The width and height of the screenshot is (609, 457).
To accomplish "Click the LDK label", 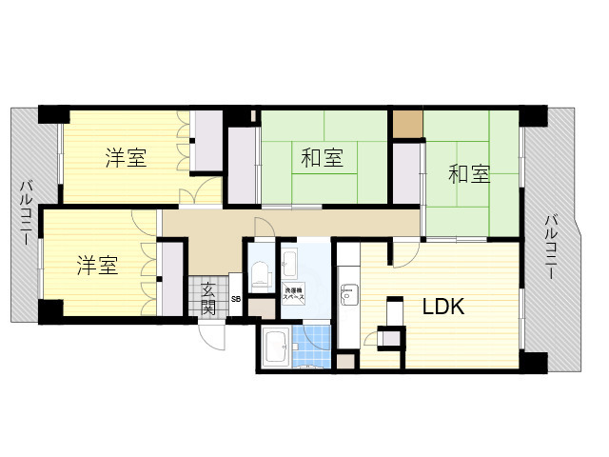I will [442, 307].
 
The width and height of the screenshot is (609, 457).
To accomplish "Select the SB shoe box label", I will [236, 301].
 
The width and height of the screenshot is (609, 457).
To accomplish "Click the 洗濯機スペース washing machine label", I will [293, 294].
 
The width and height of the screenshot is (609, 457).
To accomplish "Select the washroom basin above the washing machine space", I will [291, 261].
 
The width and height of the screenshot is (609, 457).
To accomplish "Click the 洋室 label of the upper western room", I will [126, 158].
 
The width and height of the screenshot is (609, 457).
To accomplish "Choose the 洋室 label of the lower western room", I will [97, 265].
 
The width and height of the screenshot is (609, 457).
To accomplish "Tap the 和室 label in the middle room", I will [322, 158].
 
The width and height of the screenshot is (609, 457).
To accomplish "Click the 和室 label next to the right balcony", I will [469, 174].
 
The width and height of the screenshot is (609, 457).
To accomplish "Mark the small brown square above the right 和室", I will [407, 124].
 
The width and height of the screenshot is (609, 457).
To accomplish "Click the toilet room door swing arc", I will [263, 227].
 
